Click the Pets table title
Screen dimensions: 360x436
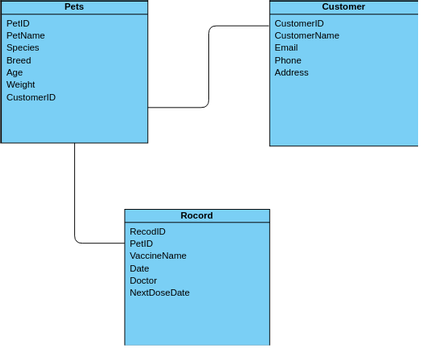click(74, 7)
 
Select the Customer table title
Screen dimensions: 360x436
click(343, 7)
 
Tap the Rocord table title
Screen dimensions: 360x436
click(196, 215)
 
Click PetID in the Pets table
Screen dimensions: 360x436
click(18, 23)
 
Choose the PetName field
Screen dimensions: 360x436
click(25, 35)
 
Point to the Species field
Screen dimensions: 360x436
click(22, 47)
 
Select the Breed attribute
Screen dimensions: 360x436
click(18, 60)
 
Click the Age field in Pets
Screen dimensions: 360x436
click(14, 72)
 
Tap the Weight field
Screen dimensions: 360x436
click(20, 85)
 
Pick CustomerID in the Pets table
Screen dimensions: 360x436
click(31, 97)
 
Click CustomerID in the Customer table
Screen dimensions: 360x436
click(299, 23)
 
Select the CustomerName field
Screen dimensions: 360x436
click(306, 35)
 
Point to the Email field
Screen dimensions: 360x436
click(286, 47)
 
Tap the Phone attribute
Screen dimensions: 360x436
click(287, 60)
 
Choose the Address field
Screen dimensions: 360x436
click(291, 72)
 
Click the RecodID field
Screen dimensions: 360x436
click(147, 231)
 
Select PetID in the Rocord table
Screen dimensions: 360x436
click(141, 243)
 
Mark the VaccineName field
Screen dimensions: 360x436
click(158, 255)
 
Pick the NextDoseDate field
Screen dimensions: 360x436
click(159, 292)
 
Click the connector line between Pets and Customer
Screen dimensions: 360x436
click(208, 65)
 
